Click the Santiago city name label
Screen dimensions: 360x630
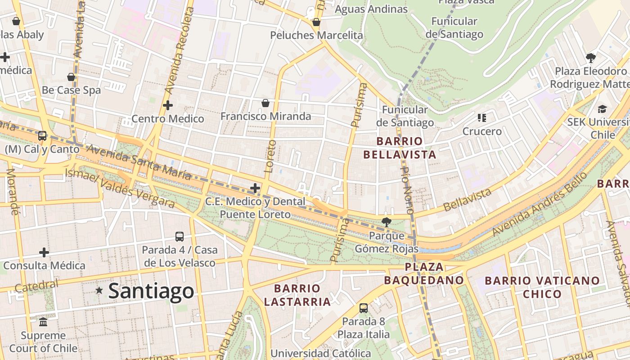pos(151,291)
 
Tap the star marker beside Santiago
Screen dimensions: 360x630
pos(99,291)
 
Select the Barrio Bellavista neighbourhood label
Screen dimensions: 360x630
pos(400,148)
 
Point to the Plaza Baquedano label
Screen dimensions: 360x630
pos(423,274)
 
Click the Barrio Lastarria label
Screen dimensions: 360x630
pos(297,295)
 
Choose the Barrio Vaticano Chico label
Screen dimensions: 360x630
pos(542,287)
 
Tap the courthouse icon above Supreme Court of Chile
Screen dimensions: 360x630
pos(43,322)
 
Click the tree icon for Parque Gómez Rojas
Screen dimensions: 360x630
pos(386,221)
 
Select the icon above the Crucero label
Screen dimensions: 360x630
pos(482,118)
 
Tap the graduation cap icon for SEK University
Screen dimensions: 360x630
pos(602,108)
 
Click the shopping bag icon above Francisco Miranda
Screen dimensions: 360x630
pos(265,103)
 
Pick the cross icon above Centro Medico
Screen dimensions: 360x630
pos(168,105)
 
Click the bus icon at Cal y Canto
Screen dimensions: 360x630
pos(42,135)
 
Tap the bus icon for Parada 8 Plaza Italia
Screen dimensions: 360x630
pos(364,308)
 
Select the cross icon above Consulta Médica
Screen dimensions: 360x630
pos(44,252)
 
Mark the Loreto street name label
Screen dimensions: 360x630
pos(270,156)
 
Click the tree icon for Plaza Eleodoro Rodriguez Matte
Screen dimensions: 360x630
pos(590,58)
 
